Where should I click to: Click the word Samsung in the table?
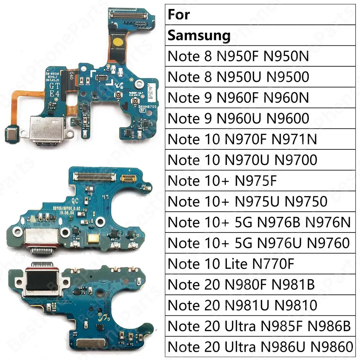[x=199, y=36]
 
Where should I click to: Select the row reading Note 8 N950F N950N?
[x=238, y=57]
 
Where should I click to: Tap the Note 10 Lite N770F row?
[x=231, y=264]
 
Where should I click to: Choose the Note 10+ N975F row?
[x=222, y=181]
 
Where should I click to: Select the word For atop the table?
[x=179, y=15]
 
